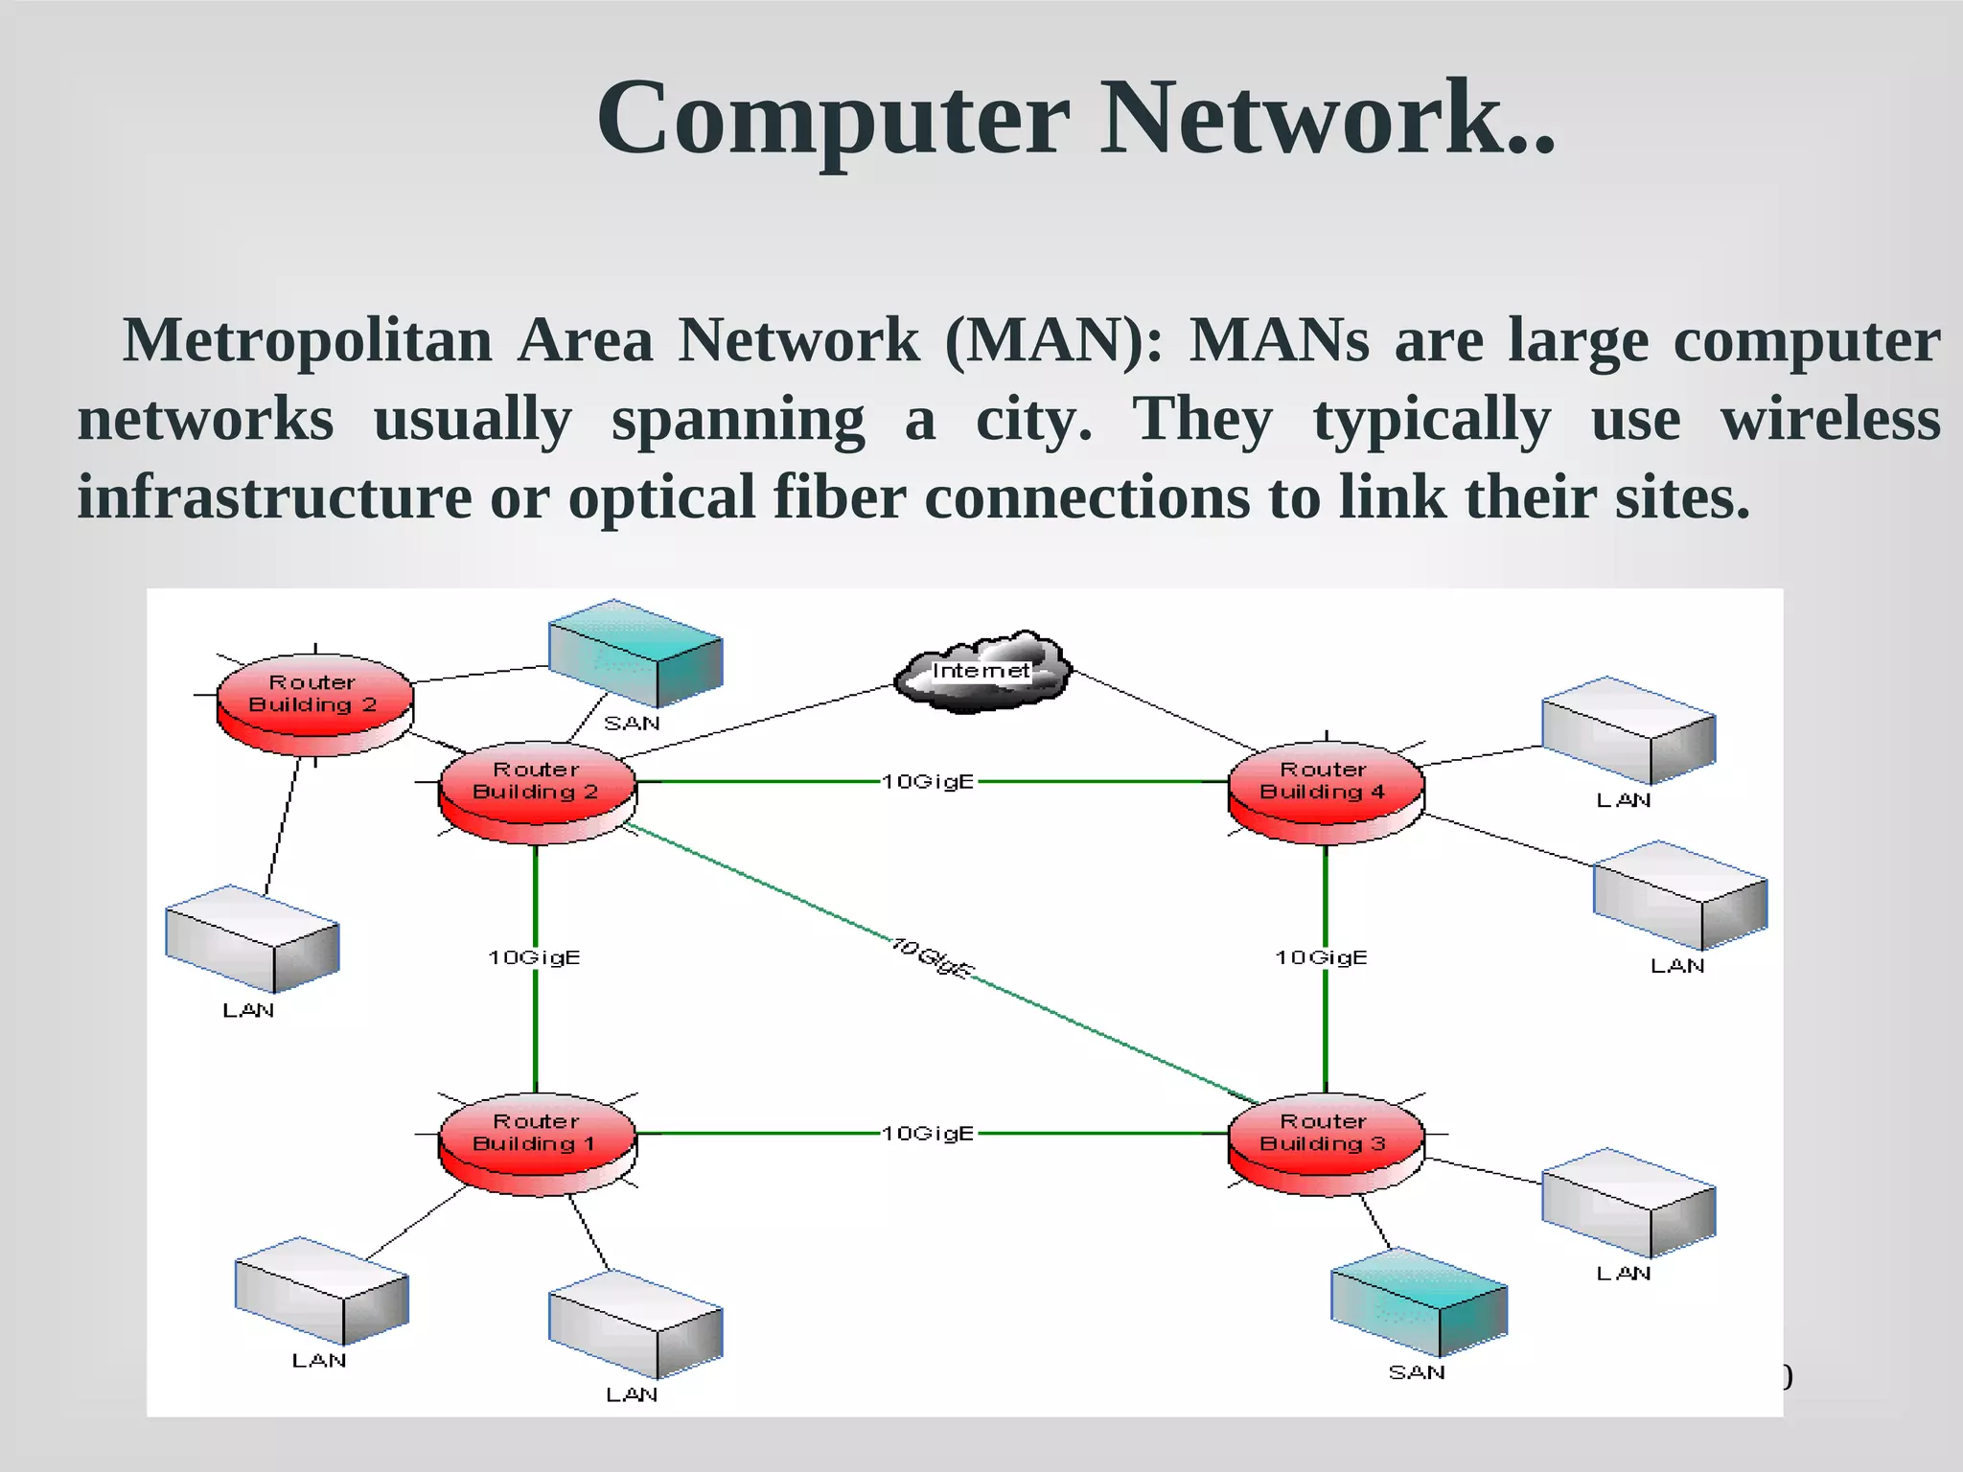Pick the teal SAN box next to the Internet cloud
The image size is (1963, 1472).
coord(635,653)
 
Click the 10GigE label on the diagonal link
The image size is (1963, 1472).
coord(932,956)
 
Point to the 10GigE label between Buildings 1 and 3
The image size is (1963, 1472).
coord(928,1134)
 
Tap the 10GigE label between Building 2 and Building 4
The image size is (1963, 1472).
coord(928,782)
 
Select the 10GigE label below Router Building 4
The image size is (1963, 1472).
coord(1321,957)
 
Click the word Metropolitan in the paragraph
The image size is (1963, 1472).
coord(307,341)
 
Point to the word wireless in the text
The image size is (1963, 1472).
coord(1830,420)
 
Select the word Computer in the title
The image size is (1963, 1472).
coord(832,119)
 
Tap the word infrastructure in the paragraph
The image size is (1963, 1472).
coord(274,498)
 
